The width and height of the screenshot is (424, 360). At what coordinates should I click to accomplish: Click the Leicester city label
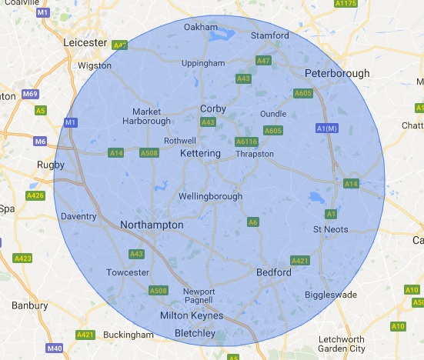(x=86, y=42)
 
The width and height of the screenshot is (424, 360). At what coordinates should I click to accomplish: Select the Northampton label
(x=152, y=225)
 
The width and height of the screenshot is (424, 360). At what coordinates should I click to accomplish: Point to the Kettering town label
(x=200, y=154)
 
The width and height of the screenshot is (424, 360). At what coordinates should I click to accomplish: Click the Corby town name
(x=213, y=108)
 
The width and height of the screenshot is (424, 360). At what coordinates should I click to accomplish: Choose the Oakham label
(x=201, y=27)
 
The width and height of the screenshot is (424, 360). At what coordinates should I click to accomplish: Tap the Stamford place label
(x=270, y=35)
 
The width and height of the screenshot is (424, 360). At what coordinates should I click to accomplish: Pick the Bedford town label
(x=273, y=272)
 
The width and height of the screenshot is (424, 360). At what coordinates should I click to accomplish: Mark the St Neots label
(x=331, y=229)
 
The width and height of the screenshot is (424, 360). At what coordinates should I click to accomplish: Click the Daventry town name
(x=78, y=217)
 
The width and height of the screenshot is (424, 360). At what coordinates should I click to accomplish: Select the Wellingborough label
(x=210, y=196)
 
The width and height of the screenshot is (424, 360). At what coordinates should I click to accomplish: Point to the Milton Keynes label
(x=191, y=315)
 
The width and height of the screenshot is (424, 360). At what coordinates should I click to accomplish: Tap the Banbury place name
(x=30, y=305)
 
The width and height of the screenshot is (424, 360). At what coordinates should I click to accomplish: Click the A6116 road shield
(x=246, y=142)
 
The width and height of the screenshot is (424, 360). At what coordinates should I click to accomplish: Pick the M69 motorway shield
(x=30, y=94)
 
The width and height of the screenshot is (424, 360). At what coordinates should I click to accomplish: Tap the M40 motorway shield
(x=54, y=348)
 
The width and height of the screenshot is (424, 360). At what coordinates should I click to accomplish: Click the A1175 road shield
(x=346, y=4)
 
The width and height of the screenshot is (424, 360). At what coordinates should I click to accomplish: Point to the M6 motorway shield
(x=40, y=141)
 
